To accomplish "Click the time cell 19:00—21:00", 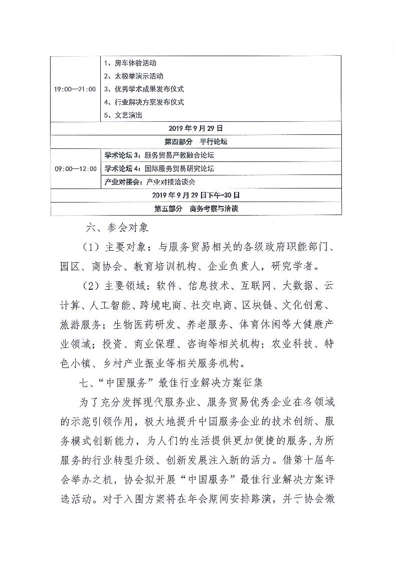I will [75, 89].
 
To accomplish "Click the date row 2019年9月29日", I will [195, 129].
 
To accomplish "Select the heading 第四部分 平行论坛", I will [196, 142].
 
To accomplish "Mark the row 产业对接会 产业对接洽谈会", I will [150, 182].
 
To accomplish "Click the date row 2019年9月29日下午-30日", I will [196, 195].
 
